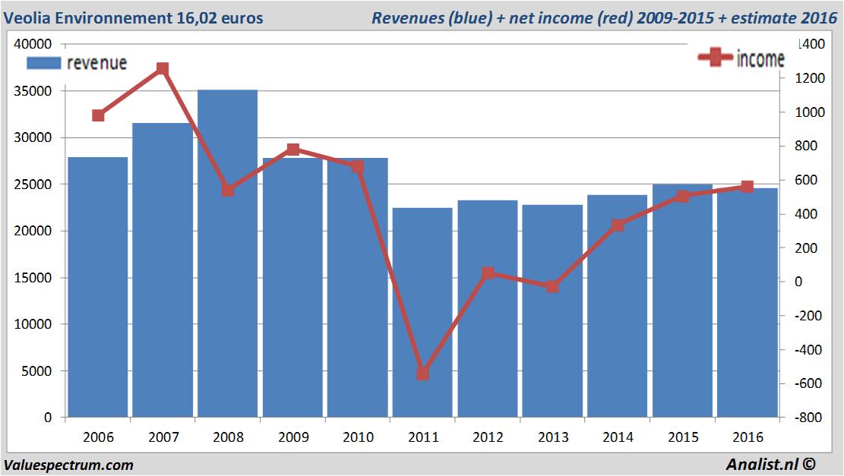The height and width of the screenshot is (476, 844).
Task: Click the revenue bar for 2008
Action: pos(227,254)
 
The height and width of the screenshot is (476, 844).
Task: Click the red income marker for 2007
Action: pos(163,69)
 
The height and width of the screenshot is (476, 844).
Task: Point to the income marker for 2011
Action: pos(422,374)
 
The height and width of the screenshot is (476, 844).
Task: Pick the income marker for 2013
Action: pos(552,287)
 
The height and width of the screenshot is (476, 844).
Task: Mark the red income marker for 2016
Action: pos(748,187)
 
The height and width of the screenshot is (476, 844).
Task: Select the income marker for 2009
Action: pos(292,150)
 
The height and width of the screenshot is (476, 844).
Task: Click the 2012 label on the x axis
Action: pos(488,437)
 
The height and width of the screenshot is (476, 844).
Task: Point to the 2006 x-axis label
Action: pos(98,437)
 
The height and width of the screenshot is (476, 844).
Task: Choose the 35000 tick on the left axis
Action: pos(36,91)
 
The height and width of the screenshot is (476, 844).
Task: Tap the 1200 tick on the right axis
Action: pos(808,78)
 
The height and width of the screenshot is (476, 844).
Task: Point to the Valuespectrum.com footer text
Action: pos(68,465)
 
